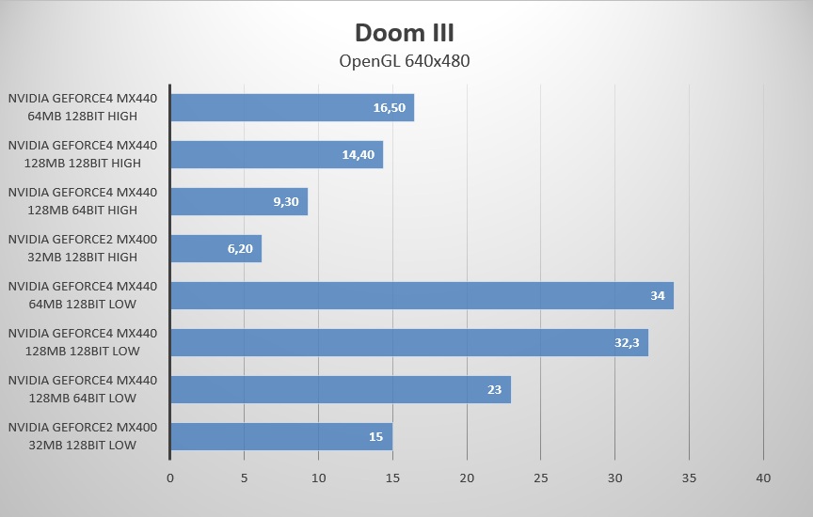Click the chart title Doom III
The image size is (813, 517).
[405, 33]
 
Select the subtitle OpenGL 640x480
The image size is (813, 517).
[405, 62]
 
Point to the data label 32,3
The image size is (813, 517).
[627, 343]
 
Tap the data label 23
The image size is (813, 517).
[495, 390]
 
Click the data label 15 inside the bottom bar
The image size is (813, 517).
[376, 437]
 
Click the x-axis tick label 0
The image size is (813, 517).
[170, 478]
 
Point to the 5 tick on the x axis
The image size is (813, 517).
[245, 478]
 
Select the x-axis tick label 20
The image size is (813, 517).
[467, 478]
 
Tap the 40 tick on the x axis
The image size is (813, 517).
[763, 478]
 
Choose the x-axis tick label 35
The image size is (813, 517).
[689, 478]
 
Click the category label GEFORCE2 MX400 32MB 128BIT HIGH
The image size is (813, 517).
[83, 248]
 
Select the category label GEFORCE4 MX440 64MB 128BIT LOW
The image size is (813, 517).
[83, 295]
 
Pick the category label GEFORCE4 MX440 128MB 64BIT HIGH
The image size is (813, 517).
[83, 201]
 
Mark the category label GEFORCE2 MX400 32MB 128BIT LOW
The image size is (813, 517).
[83, 436]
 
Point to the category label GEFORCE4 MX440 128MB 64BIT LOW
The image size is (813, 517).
[83, 389]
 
